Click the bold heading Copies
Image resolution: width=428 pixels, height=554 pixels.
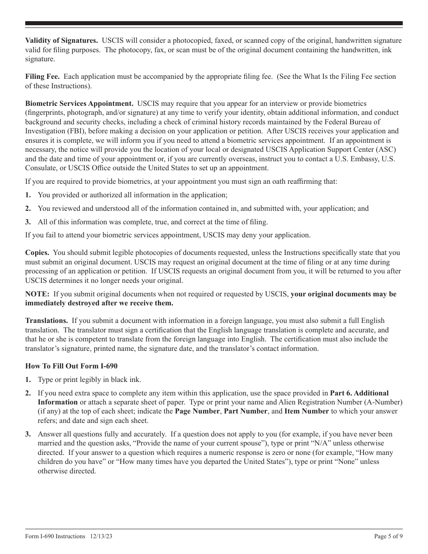(x=37, y=253)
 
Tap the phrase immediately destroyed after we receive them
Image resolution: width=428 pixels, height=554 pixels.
(x=99, y=303)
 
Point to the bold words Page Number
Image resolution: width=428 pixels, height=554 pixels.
(x=197, y=411)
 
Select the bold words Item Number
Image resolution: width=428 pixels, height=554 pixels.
(x=306, y=411)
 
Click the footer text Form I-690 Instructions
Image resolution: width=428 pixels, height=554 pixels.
(x=55, y=536)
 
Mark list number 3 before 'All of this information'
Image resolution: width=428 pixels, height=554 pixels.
(x=28, y=222)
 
